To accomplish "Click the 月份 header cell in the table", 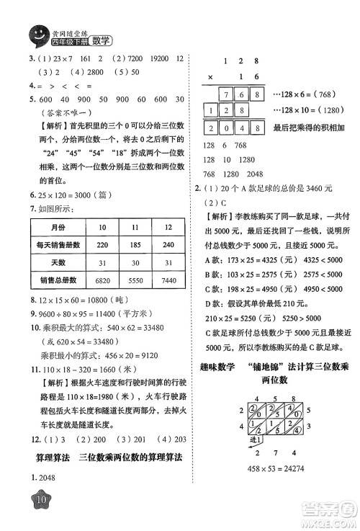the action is pos(50,226).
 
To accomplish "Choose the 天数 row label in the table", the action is pos(50,260).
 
